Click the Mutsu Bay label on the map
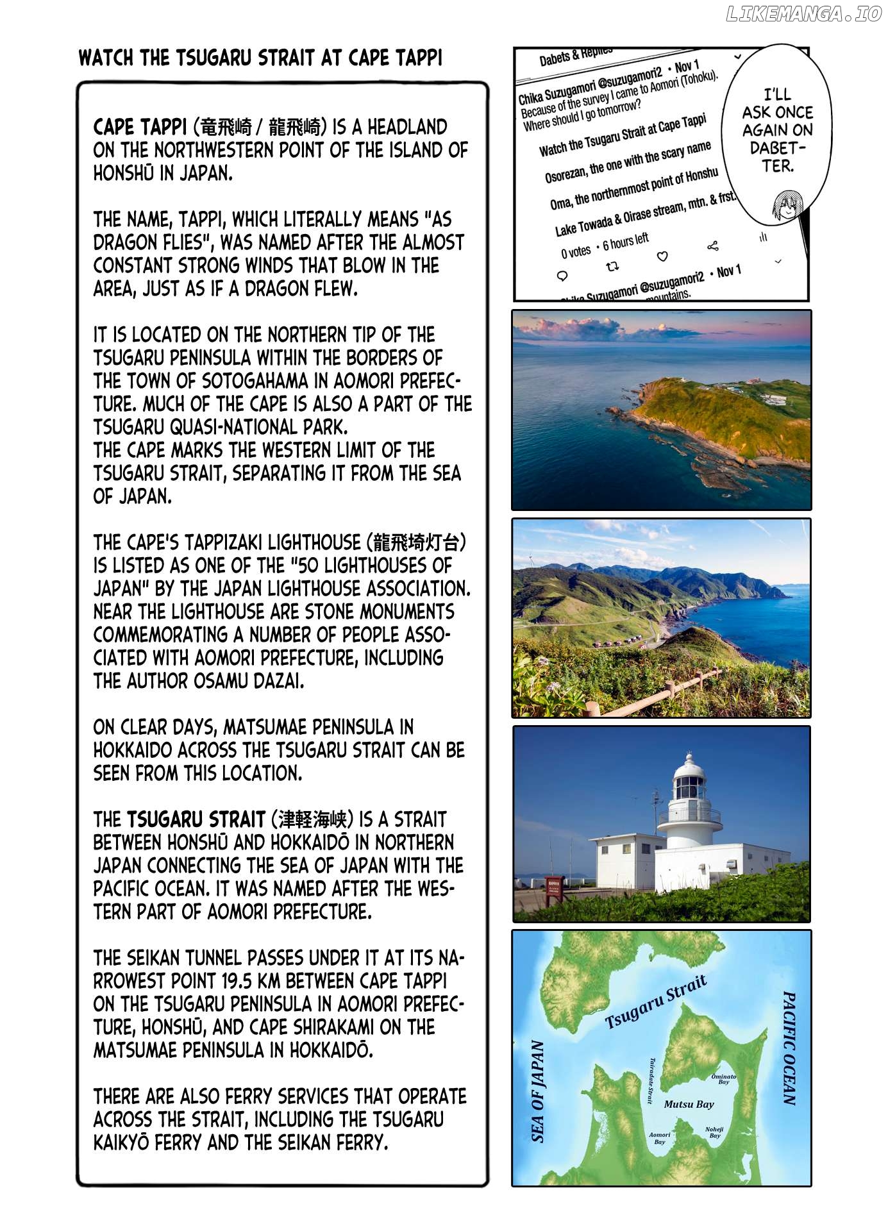click(x=689, y=1104)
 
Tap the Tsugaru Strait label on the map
click(x=655, y=1003)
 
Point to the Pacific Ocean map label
click(x=789, y=1049)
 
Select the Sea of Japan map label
click(x=538, y=1091)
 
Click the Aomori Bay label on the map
click(x=659, y=1138)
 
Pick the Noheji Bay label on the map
click(x=714, y=1132)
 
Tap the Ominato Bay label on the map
click(x=724, y=1079)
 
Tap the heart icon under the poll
click(x=662, y=256)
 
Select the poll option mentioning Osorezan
click(x=628, y=162)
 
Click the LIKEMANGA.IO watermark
click(x=804, y=15)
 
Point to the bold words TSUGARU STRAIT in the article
click(x=196, y=819)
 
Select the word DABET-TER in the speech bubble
click(x=778, y=157)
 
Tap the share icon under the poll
click(x=712, y=246)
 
